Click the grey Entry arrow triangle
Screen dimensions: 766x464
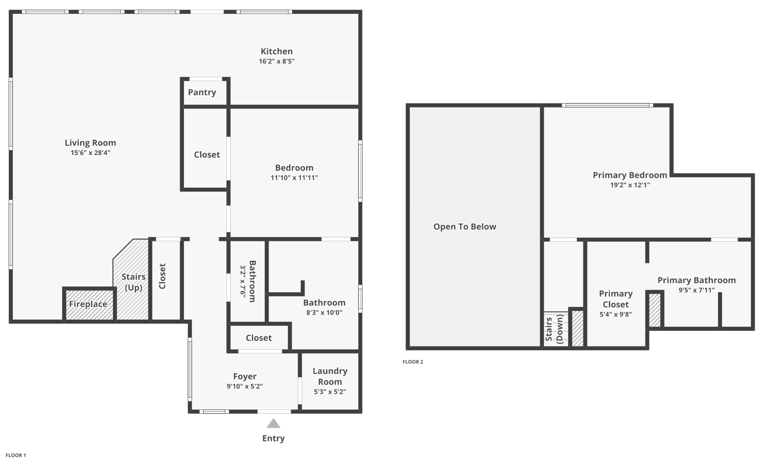[273, 424]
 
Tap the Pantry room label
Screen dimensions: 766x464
[202, 92]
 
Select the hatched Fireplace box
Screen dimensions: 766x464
[89, 304]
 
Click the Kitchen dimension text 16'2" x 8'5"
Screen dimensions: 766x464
[277, 61]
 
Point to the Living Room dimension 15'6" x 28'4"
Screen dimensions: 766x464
[90, 153]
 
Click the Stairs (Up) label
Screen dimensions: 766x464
[133, 282]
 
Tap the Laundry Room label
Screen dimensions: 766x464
[330, 376]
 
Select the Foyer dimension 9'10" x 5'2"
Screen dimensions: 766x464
[245, 386]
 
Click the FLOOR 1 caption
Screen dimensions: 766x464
[16, 455]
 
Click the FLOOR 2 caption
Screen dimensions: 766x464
[413, 362]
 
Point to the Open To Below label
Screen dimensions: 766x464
[465, 227]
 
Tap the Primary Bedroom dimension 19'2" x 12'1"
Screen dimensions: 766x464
[630, 185]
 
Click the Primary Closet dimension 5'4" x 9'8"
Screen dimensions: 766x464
[616, 314]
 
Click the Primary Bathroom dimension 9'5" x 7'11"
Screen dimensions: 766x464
[696, 290]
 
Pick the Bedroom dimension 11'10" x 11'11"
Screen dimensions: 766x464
[294, 177]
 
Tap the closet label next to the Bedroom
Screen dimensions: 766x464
[207, 154]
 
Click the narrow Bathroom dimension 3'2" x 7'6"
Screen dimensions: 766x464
[243, 281]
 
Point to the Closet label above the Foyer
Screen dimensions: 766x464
[259, 338]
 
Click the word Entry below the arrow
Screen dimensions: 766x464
[273, 439]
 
